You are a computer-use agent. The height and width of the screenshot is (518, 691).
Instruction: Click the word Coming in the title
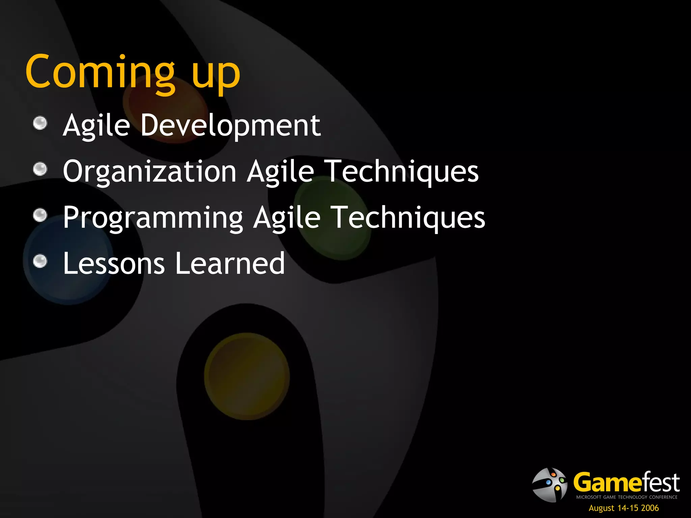tap(100, 73)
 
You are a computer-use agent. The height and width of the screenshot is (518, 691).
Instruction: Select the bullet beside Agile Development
tap(40, 123)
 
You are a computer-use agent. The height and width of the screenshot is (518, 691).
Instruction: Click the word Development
tap(230, 125)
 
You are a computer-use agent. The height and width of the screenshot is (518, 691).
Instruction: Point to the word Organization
tap(149, 172)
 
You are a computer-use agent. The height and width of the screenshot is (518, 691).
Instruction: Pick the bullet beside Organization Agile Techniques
tap(40, 169)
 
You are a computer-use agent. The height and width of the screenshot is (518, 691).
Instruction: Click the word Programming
tap(153, 218)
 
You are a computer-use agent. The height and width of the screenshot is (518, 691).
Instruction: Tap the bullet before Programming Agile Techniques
tap(40, 215)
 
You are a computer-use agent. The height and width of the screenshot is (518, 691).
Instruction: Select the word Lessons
tap(114, 263)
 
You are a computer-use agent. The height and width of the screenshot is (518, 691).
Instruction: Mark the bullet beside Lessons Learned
tap(40, 261)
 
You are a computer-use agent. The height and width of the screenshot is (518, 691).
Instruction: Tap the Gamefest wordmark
tap(627, 482)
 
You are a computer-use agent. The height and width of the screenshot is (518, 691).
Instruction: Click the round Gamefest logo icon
tap(550, 485)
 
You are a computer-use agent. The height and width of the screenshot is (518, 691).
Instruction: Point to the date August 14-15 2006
tap(624, 508)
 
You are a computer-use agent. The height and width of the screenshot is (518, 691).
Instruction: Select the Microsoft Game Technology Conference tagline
tap(627, 497)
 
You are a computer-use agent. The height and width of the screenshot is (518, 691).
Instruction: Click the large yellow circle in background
tap(247, 376)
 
